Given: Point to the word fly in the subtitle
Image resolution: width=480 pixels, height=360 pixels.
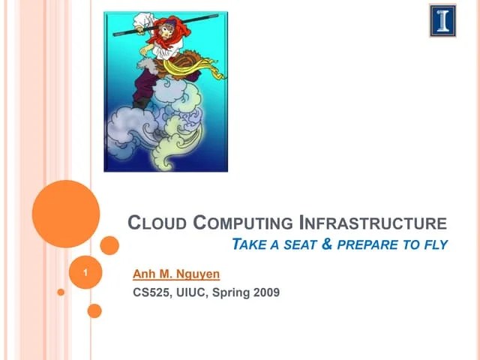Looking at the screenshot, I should [435, 244].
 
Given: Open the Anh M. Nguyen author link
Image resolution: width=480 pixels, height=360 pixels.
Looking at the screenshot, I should [175, 275].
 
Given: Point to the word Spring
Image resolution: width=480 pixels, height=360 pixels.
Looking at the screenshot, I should [230, 292].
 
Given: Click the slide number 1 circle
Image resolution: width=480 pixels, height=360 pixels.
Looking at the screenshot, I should [88, 274].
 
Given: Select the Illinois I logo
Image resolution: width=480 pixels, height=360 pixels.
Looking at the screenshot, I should [442, 20].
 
